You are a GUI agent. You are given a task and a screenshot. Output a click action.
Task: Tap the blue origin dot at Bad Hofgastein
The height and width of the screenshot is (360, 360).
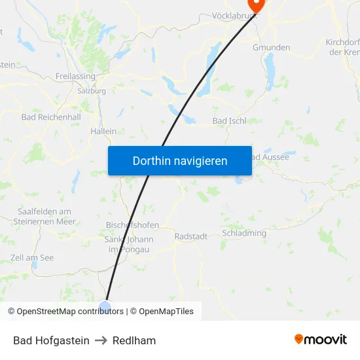tap(105, 305)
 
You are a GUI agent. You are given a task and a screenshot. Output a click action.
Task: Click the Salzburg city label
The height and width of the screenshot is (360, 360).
tap(92, 91)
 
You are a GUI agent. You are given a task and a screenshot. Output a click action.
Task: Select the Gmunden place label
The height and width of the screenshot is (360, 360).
tap(271, 48)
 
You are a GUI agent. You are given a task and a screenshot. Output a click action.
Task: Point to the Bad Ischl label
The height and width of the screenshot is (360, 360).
tap(230, 121)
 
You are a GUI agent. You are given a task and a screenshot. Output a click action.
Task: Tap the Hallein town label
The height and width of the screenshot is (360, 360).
tap(103, 131)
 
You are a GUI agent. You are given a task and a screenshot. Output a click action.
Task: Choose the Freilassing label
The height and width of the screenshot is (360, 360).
tap(76, 76)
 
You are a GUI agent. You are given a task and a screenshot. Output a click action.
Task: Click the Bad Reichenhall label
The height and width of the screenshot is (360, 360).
tap(51, 117)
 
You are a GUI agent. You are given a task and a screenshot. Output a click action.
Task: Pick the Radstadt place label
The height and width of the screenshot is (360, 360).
tap(191, 236)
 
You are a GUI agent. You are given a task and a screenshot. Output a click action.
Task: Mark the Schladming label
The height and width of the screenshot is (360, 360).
tap(244, 233)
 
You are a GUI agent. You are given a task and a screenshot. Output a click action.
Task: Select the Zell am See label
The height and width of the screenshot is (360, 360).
tap(32, 258)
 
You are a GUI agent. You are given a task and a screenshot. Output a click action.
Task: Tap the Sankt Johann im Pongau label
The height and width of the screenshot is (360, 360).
tap(129, 244)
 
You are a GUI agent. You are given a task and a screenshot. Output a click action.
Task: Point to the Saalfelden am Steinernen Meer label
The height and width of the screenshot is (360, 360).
tap(45, 217)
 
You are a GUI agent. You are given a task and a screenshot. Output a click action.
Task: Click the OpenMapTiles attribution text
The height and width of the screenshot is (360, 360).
tap(166, 312)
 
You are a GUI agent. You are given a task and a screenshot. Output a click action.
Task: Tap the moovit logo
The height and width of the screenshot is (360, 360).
tap(321, 339)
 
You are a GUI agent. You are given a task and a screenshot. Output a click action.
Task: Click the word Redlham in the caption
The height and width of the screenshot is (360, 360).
tap(134, 340)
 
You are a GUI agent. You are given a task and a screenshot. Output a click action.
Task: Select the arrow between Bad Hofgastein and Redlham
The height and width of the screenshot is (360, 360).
tap(101, 340)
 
